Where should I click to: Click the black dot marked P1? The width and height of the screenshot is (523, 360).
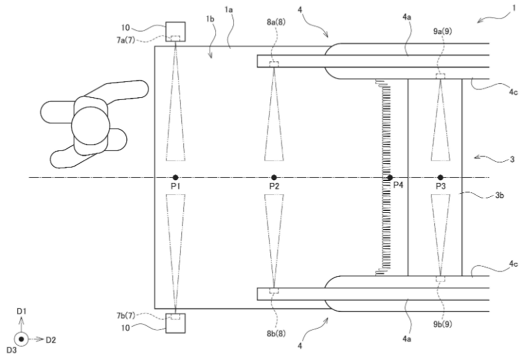pos(175,177)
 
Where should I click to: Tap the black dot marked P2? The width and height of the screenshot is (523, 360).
pos(274,177)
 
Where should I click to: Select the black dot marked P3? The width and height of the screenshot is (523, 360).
pos(440,177)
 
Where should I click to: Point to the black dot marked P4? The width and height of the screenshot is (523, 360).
pos(390,177)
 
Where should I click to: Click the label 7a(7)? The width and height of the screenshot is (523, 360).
pos(126,41)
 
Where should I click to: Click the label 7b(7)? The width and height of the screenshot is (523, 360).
pos(126,316)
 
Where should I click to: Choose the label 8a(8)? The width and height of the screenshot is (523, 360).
pos(276,22)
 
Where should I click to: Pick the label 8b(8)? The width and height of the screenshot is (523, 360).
pos(276,334)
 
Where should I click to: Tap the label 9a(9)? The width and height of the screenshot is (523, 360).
pos(443,31)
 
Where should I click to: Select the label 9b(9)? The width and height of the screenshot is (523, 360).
pos(443,324)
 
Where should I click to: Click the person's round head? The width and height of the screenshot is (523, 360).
pos(90,126)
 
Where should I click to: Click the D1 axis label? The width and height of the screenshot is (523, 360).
pos(21,311)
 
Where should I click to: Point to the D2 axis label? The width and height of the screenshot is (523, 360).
pos(51,340)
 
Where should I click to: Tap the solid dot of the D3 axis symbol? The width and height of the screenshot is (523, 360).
pos(21,339)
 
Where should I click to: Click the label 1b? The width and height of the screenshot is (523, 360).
pos(210,19)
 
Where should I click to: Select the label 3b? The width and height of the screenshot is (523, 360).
pos(500,195)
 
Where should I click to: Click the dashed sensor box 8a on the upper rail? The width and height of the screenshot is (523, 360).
pos(274,64)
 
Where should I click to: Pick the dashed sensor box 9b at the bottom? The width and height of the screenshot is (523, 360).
pos(440,279)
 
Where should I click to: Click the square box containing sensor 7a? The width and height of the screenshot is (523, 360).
pos(175,32)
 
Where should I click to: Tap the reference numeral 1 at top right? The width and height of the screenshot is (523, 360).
pos(513,8)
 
